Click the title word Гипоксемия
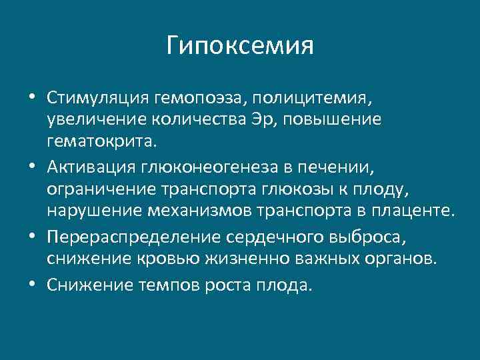(240, 47)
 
